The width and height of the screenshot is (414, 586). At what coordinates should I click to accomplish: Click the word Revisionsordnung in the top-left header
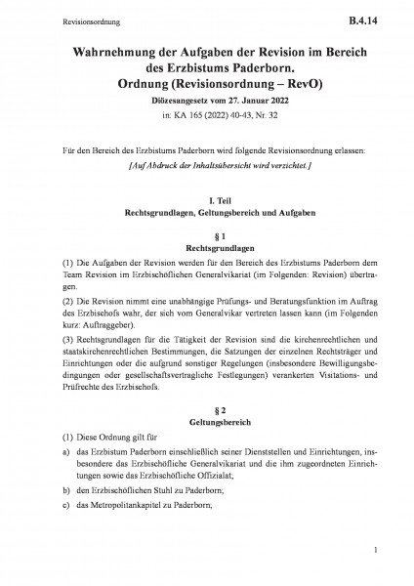click(59, 19)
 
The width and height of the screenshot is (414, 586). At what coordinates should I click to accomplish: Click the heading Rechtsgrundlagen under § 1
click(206, 248)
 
